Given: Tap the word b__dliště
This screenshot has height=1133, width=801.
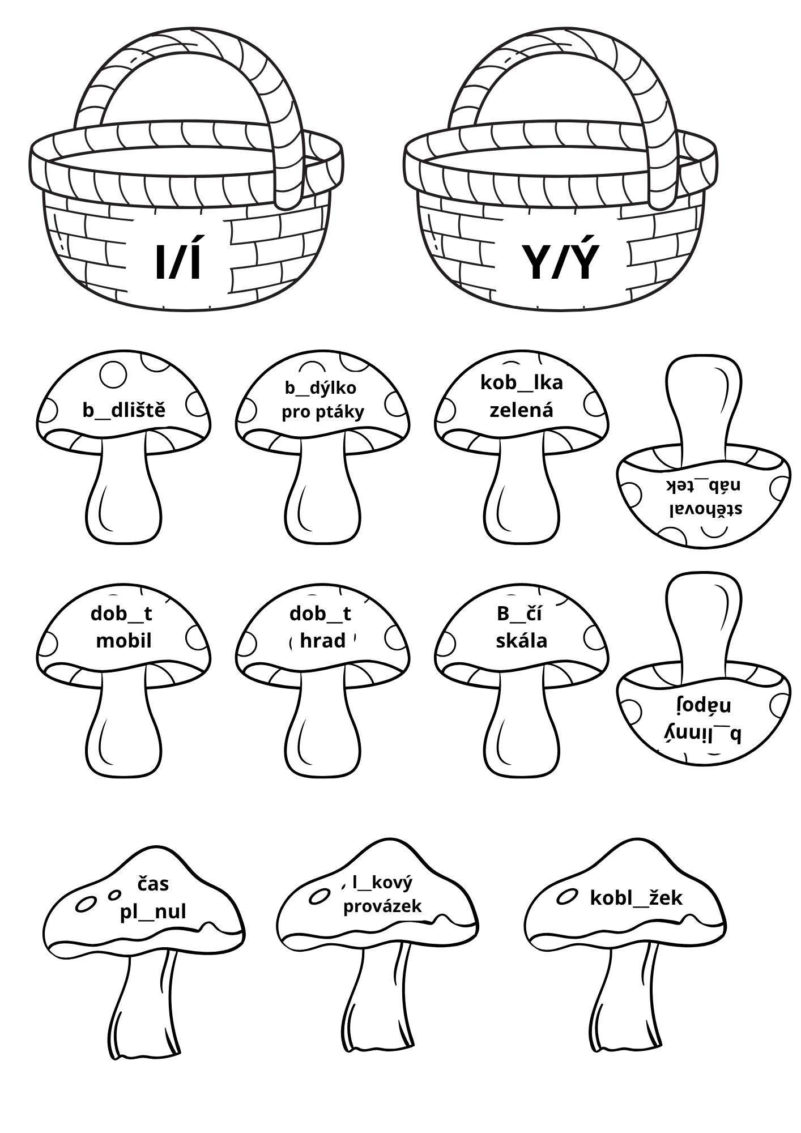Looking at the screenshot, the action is click(124, 410).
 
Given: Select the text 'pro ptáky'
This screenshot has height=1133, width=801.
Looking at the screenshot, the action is click(323, 412).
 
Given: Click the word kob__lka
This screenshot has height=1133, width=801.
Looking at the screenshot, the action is click(522, 383).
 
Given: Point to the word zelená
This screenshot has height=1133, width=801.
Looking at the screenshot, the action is click(521, 410).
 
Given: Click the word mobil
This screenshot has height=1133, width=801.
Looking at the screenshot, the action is click(124, 641).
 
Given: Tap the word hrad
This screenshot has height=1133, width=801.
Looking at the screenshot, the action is click(323, 641).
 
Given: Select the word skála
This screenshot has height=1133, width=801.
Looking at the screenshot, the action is click(522, 641).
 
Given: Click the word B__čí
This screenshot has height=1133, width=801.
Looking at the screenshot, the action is click(519, 614).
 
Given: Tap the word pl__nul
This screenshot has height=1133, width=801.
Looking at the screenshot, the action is click(153, 912).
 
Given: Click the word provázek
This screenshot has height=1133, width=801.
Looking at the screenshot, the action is click(383, 906).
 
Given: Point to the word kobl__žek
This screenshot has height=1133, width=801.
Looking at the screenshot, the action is click(636, 898).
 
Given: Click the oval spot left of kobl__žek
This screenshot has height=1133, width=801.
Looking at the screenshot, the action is click(566, 897).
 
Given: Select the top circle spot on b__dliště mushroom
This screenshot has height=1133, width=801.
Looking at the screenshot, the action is click(113, 374).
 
